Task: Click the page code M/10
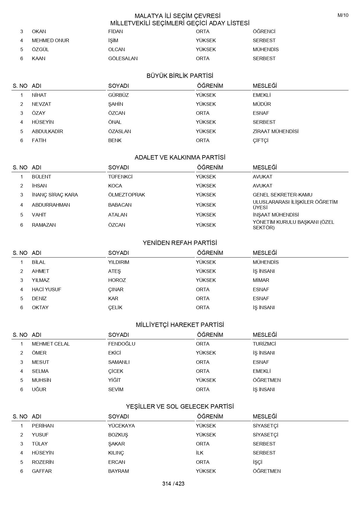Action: (343, 15)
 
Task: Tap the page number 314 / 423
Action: (173, 484)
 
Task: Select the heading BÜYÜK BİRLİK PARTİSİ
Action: (180, 76)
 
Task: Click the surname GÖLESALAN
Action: (123, 58)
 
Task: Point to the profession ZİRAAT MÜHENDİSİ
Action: (276, 131)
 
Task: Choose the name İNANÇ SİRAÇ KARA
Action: (55, 195)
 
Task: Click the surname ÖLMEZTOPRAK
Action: (127, 195)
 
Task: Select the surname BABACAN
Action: (120, 205)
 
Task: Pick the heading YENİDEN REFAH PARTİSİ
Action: (180, 243)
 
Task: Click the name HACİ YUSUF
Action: (46, 289)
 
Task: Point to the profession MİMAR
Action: (261, 280)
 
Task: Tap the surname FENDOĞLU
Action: (122, 344)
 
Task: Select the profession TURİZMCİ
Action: (264, 344)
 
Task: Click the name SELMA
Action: (40, 371)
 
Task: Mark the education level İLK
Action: (200, 453)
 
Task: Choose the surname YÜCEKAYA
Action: (121, 426)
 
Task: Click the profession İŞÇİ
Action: (258, 462)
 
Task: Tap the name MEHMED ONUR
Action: (51, 40)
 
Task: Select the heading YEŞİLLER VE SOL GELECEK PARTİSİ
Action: (180, 407)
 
